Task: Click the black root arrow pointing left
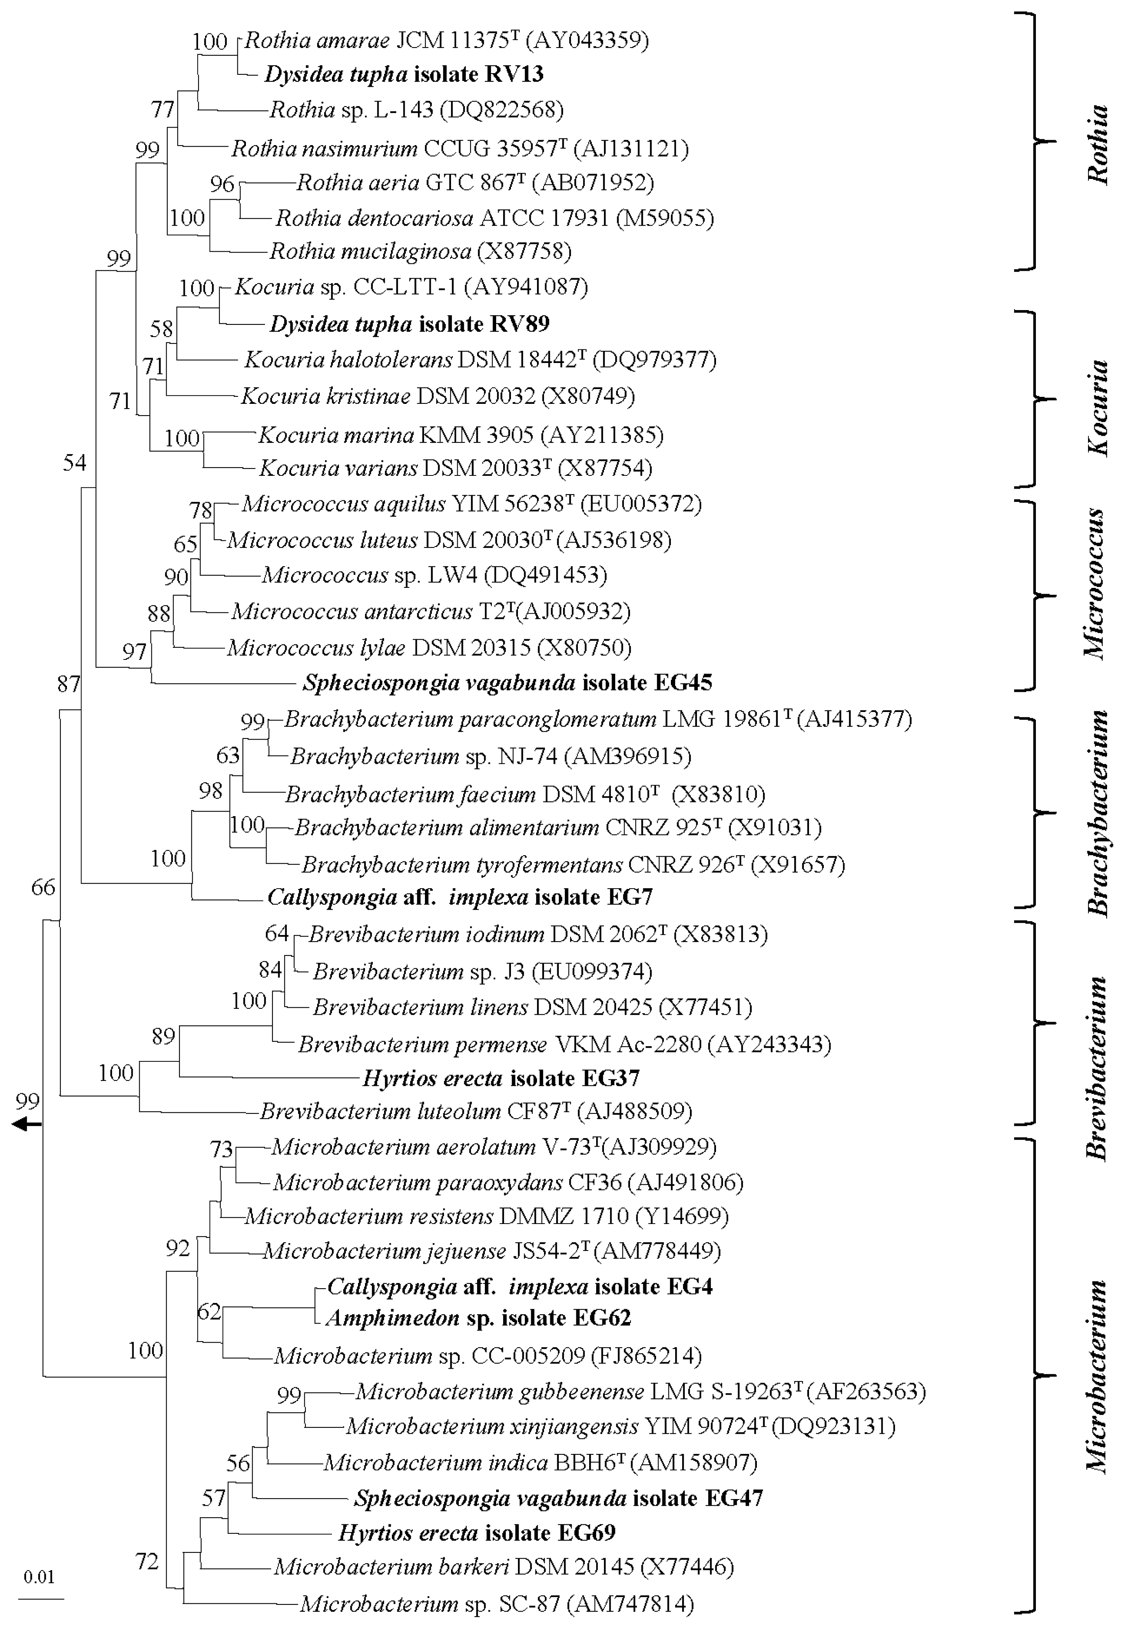point(27,1124)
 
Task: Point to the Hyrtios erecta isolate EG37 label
point(500,1078)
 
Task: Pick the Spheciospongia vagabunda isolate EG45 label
point(507,682)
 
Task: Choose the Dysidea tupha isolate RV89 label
point(409,324)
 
